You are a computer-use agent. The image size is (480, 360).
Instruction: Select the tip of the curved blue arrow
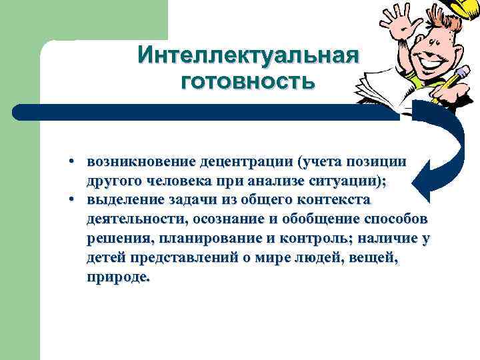coord(417,177)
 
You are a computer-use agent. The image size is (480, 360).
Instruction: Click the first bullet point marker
coord(78,163)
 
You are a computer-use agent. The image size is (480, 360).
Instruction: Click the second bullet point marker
coord(78,201)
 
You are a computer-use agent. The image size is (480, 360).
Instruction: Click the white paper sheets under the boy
coord(400,90)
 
